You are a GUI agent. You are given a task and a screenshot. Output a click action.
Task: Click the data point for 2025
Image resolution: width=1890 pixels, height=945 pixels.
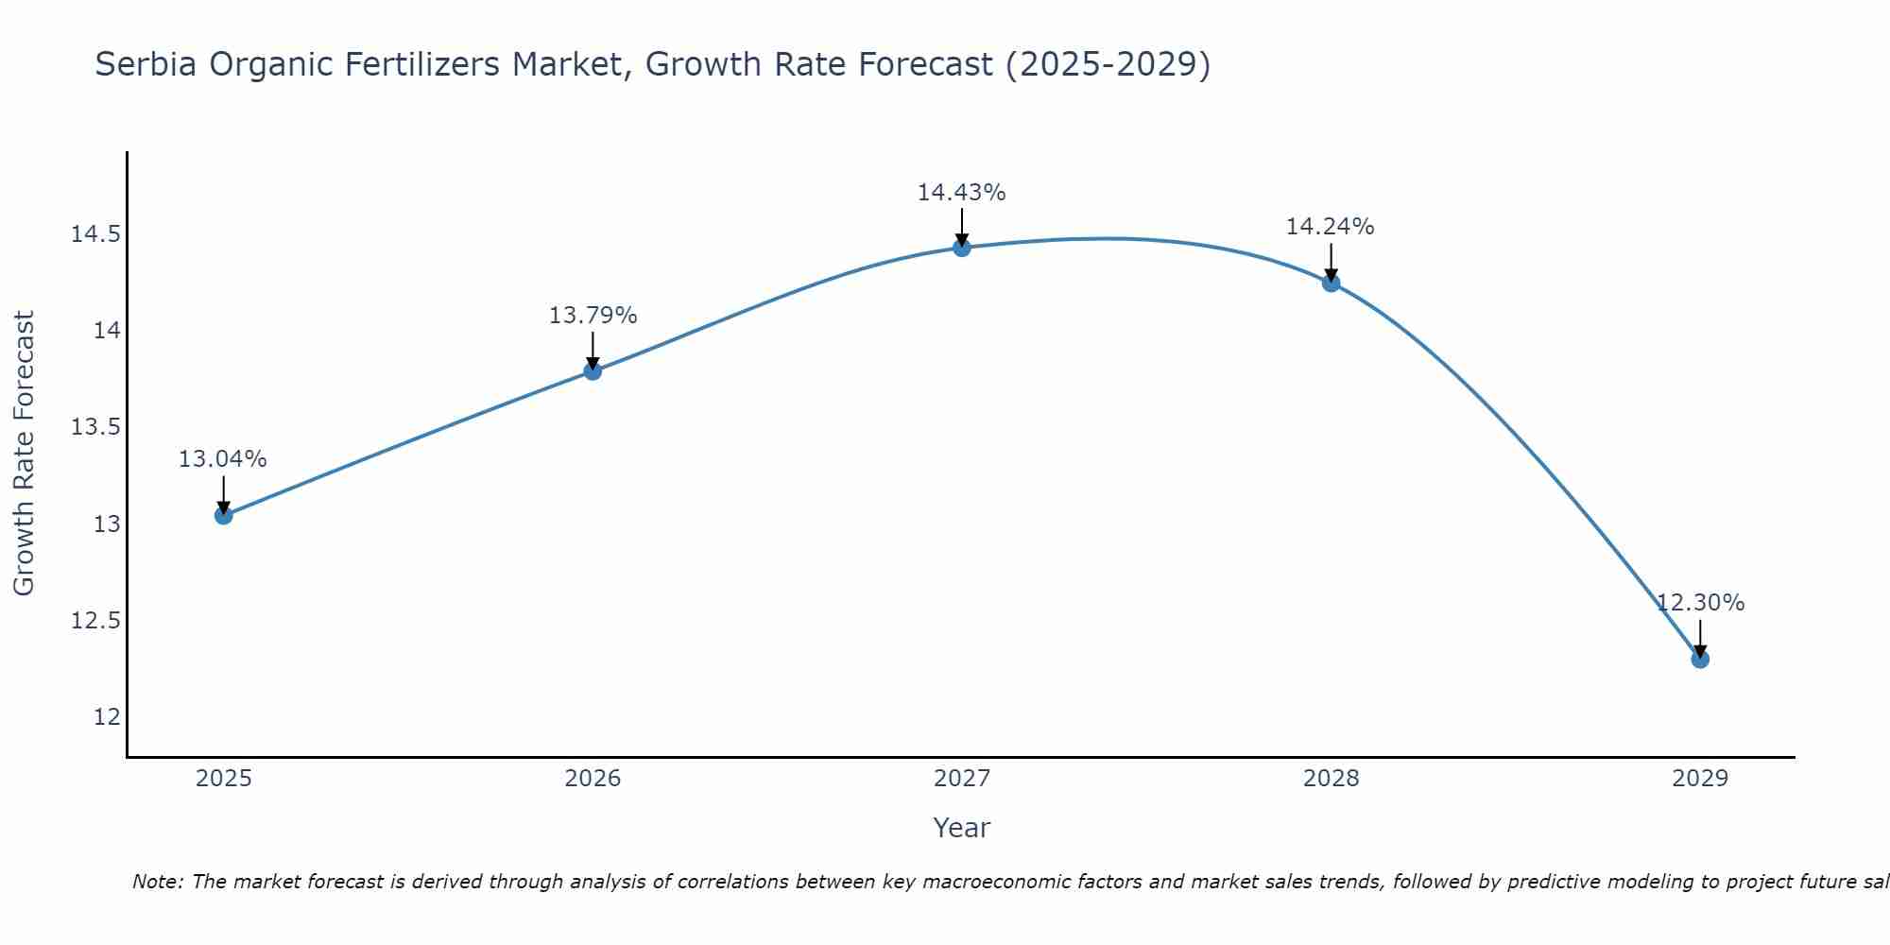pyautogui.click(x=224, y=515)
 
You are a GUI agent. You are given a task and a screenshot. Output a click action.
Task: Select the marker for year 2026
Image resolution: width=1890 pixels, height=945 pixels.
pyautogui.click(x=593, y=370)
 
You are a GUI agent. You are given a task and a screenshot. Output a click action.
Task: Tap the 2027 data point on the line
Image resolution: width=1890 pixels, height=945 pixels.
pyautogui.click(x=962, y=248)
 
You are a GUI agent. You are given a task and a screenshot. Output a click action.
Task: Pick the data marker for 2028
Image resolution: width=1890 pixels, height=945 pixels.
pyautogui.click(x=1332, y=283)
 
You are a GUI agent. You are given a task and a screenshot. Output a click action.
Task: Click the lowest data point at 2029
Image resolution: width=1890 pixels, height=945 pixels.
pyautogui.click(x=1700, y=659)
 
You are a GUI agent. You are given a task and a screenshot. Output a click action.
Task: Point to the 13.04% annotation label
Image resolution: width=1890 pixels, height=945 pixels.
pyautogui.click(x=223, y=459)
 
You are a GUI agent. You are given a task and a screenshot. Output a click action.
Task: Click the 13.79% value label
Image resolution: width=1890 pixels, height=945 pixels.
pyautogui.click(x=593, y=316)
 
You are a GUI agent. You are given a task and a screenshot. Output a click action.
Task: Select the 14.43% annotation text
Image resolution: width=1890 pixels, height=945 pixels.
pyautogui.click(x=961, y=193)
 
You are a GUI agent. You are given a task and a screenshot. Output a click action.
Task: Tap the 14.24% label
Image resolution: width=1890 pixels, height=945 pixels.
pyautogui.click(x=1330, y=227)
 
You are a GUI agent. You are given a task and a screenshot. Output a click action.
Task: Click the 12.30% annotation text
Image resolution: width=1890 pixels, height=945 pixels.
pyautogui.click(x=1700, y=603)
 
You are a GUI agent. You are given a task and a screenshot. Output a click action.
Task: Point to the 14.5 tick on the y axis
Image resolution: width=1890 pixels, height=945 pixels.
pyautogui.click(x=95, y=234)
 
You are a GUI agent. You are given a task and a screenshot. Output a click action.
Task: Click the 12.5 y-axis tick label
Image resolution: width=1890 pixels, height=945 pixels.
pyautogui.click(x=95, y=621)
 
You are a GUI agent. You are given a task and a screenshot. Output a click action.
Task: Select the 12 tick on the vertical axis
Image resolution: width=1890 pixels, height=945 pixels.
pyautogui.click(x=108, y=717)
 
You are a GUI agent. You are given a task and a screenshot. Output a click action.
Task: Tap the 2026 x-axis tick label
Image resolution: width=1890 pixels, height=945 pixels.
pyautogui.click(x=593, y=779)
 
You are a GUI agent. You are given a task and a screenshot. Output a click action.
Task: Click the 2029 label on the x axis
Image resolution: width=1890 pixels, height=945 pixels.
pyautogui.click(x=1700, y=779)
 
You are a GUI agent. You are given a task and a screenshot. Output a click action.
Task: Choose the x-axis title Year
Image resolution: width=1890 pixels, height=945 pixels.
pyautogui.click(x=961, y=828)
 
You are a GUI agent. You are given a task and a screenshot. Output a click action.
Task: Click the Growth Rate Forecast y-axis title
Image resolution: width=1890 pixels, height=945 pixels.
pyautogui.click(x=24, y=454)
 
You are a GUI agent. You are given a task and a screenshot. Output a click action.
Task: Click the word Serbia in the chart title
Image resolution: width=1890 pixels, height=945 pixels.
pyautogui.click(x=146, y=65)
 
